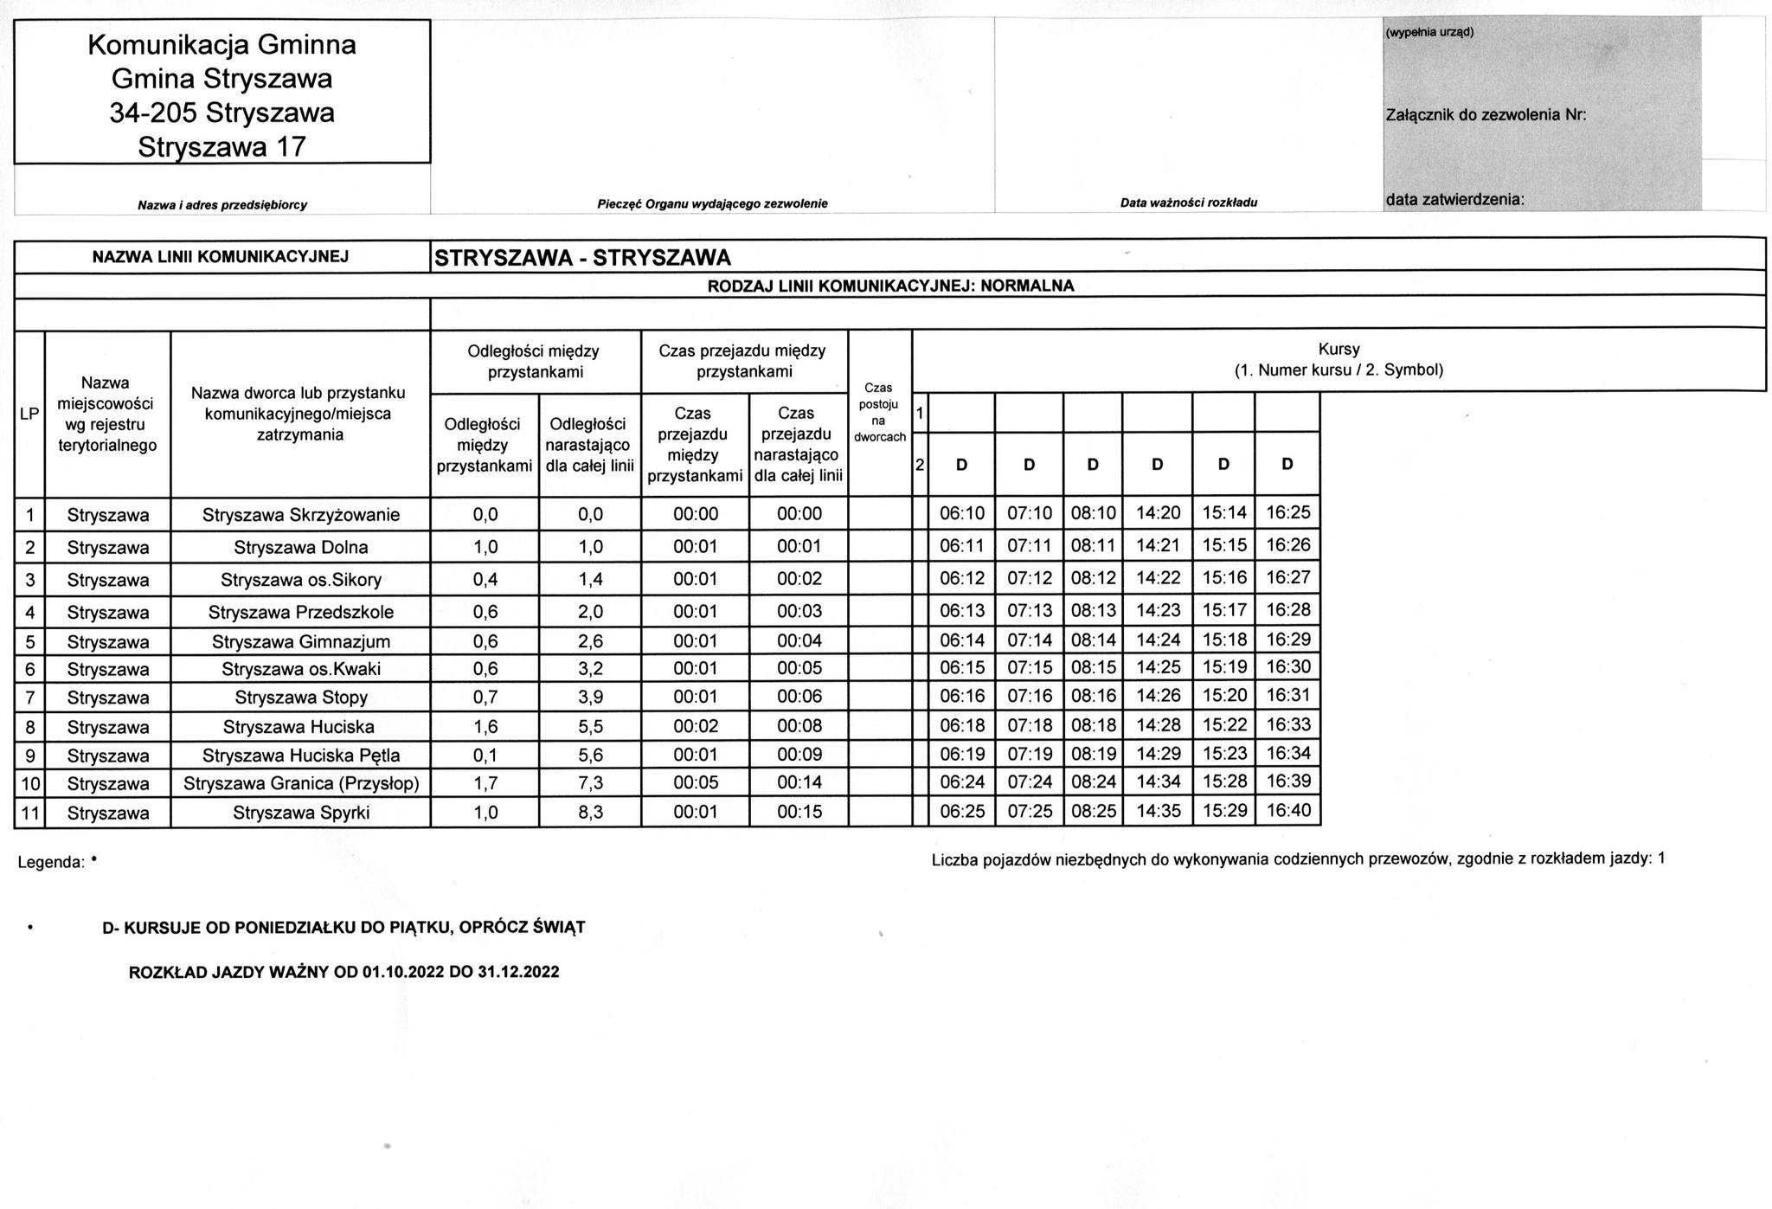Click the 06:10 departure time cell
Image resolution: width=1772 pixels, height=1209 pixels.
[x=962, y=513]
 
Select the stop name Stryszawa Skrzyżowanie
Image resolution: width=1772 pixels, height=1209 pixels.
[x=301, y=515]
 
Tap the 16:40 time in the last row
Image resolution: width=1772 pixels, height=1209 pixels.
[x=1288, y=811]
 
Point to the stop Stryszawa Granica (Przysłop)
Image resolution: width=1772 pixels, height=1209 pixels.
[x=301, y=784]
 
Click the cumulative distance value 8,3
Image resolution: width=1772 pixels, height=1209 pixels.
[x=590, y=813]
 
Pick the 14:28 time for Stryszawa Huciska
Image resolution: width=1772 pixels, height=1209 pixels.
[x=1158, y=724]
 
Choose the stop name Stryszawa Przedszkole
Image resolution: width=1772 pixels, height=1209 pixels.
[x=301, y=613]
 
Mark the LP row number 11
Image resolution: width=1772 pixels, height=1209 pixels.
[x=30, y=813]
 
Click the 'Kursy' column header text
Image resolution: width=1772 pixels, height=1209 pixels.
[x=1339, y=350]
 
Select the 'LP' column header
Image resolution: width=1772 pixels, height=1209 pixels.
[x=29, y=414]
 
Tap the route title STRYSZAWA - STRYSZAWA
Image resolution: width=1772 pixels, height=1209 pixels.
[x=582, y=257]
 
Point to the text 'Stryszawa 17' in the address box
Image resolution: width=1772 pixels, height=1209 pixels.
[x=222, y=147]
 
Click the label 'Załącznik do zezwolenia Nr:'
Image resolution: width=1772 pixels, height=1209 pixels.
[x=1486, y=115]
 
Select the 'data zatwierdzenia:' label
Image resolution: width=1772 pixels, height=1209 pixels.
[x=1454, y=200]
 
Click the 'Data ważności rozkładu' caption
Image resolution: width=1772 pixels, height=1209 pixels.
[x=1188, y=203]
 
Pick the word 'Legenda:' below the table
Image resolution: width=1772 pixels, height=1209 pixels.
[x=51, y=862]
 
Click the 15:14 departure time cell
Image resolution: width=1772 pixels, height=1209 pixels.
[x=1223, y=512]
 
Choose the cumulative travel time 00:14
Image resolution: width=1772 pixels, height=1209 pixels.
[x=799, y=782]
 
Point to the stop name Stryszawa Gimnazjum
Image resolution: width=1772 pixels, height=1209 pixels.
[x=301, y=642]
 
